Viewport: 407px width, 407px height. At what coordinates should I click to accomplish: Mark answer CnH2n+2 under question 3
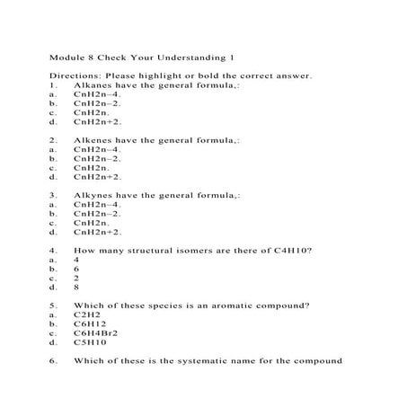coord(97,231)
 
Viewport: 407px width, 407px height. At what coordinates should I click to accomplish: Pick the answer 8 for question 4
coord(77,288)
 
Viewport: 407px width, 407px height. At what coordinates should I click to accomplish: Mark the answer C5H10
coord(90,341)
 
